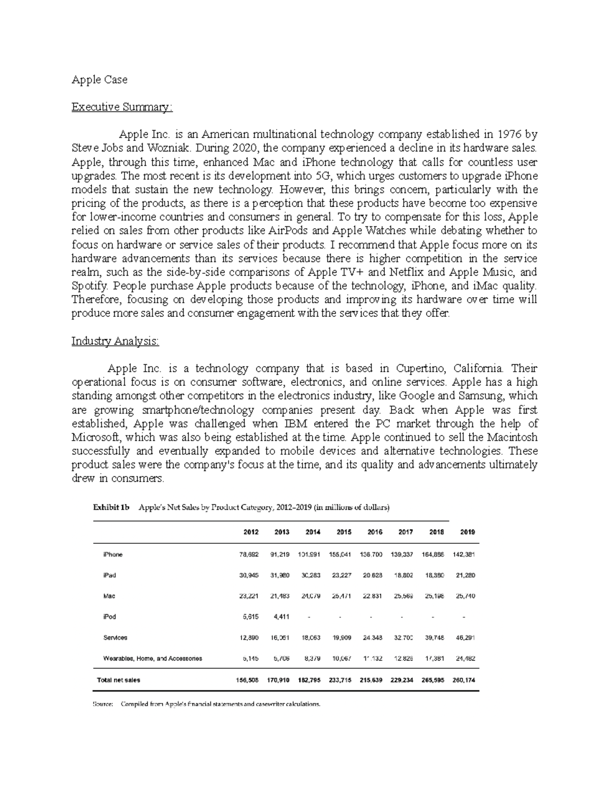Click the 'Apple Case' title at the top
(99, 80)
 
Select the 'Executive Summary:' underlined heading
(122, 107)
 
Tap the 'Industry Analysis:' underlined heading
(115, 341)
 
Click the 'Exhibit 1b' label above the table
(111, 508)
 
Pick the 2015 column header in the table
(344, 532)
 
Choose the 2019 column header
(467, 532)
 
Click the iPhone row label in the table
(113, 554)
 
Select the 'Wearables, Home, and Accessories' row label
(152, 658)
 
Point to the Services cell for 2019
(466, 637)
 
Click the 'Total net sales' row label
(118, 680)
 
